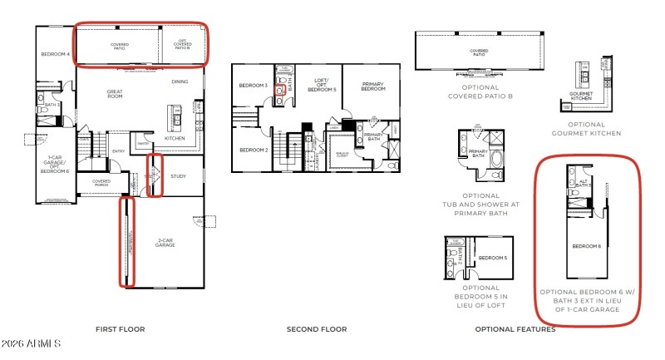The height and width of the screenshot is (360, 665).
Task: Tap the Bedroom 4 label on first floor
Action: (x=55, y=55)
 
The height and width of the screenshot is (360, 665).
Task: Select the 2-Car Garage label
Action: (x=165, y=244)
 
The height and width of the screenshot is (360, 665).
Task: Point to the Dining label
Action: (x=180, y=81)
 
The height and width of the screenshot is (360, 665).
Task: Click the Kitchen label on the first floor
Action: (x=175, y=138)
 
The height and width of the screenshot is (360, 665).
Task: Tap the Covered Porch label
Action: (x=101, y=183)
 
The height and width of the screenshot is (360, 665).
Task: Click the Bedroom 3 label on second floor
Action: (x=252, y=86)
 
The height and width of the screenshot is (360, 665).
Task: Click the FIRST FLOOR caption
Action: (x=120, y=329)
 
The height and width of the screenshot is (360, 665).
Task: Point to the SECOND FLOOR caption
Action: (x=316, y=329)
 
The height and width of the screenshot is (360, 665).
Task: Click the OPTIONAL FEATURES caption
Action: (x=515, y=329)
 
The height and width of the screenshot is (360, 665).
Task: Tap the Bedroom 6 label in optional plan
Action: (x=586, y=246)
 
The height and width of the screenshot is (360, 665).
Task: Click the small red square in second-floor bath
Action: (x=280, y=89)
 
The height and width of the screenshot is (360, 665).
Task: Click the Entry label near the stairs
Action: (x=119, y=151)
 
